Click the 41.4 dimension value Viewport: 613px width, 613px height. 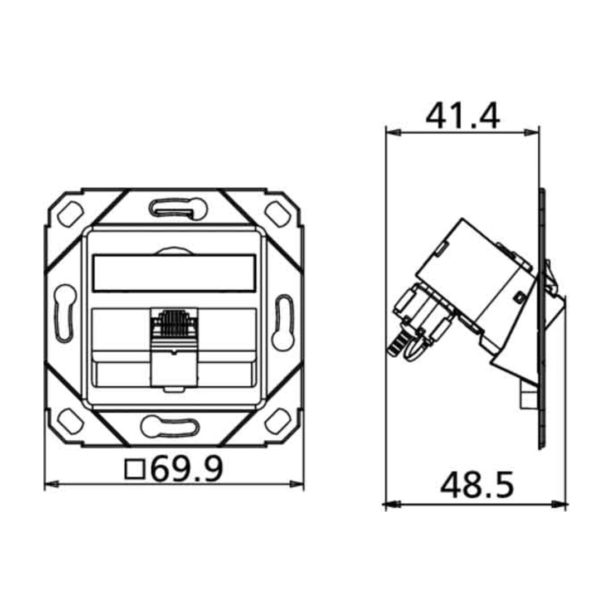click(463, 116)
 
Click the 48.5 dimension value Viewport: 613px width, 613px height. click(477, 485)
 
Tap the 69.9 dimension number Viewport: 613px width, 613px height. click(187, 469)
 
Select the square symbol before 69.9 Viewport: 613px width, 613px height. click(135, 470)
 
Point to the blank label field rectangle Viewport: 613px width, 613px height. click(174, 273)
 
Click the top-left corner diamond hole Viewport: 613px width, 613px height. click(70, 214)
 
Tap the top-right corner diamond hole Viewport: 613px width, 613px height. click(278, 214)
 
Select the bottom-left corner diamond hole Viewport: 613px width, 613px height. click(70, 421)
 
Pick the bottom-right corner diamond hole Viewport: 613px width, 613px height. click(278, 421)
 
